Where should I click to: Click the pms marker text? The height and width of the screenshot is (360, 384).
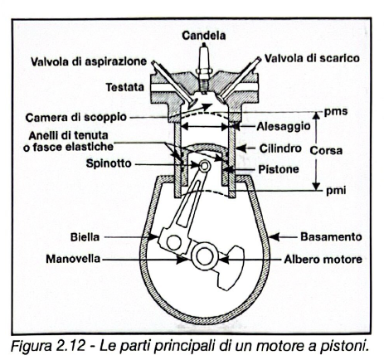coord(333,111)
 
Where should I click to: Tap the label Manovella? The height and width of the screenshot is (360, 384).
coord(75,259)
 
